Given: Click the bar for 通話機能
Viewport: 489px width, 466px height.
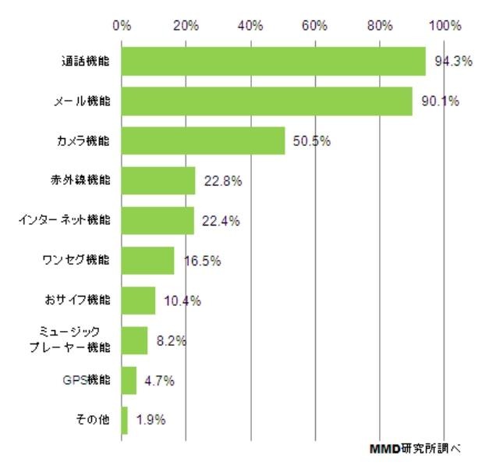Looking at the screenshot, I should (274, 61).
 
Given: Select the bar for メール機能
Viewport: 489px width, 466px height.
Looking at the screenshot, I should (267, 101).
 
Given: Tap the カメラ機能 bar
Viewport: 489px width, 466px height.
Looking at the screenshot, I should (204, 141).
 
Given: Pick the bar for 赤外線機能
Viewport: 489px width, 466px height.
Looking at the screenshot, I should (159, 181).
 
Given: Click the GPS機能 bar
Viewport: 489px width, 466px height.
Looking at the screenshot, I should (129, 380).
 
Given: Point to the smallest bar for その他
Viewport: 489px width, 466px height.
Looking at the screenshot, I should (125, 420).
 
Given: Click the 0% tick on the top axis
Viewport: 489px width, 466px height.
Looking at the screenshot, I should (122, 25).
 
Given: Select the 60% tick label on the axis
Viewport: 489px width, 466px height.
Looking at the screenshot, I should (314, 25).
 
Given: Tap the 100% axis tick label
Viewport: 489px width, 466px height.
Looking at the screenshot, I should (446, 25).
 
